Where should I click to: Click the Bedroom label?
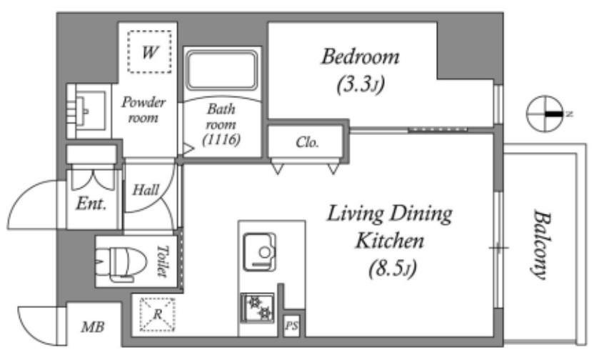click(x=360, y=56)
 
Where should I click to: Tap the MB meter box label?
click(x=93, y=328)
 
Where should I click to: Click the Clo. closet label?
click(x=307, y=141)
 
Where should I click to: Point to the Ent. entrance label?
click(x=91, y=204)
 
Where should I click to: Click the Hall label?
click(x=146, y=190)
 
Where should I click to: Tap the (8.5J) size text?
click(x=391, y=269)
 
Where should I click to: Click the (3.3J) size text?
click(x=360, y=85)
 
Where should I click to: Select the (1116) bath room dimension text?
click(x=221, y=140)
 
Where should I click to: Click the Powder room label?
click(x=144, y=109)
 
